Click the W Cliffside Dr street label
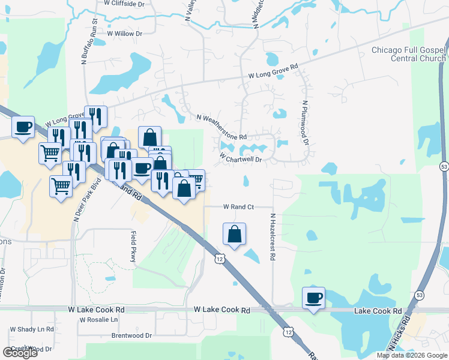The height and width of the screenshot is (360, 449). click(125, 4)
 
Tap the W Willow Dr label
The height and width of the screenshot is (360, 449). click(124, 34)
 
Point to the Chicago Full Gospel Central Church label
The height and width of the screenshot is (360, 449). click(409, 54)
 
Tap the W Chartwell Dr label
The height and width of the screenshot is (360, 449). click(241, 158)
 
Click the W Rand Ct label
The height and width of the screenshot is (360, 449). click(239, 206)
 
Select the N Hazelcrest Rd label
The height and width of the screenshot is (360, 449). click(272, 237)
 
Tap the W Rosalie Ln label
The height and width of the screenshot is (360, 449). click(98, 320)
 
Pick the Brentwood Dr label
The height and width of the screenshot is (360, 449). click(131, 336)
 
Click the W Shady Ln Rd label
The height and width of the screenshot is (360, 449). click(32, 329)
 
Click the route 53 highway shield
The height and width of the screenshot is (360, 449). click(444, 165)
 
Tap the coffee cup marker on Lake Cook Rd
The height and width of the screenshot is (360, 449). click(315, 298)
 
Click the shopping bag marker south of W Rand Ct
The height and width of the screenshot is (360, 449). click(235, 234)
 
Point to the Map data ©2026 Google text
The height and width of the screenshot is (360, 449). click(411, 355)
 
